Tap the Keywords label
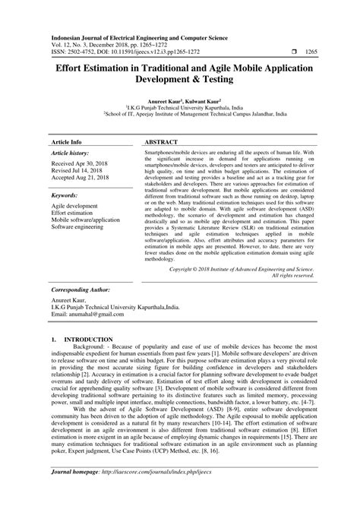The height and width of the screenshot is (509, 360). click(65, 195)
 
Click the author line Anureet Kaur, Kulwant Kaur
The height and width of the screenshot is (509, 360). click(180, 100)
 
